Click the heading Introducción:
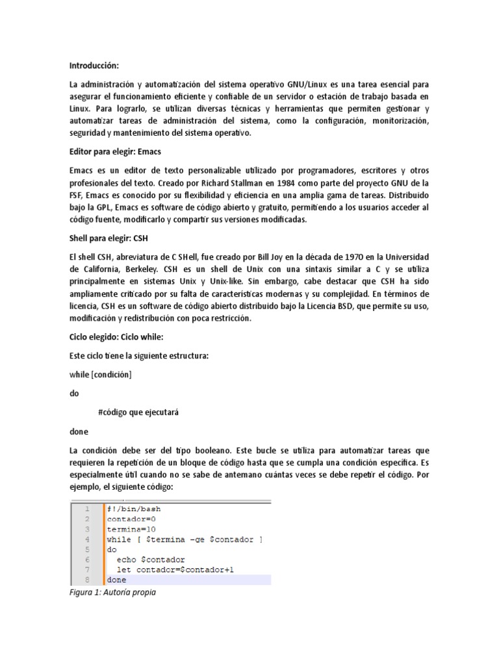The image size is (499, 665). coord(94,66)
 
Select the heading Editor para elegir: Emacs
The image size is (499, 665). coord(115,151)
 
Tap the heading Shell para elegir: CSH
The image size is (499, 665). coord(109,238)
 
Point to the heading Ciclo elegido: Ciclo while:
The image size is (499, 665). coord(116,338)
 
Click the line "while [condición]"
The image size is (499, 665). coord(101,374)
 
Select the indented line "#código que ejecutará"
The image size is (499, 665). coord(138,412)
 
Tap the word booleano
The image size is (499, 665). coord(197,450)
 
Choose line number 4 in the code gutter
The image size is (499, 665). coord(86,539)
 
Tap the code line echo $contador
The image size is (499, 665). coord(151,559)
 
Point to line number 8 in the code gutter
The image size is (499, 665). coord(86,579)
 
